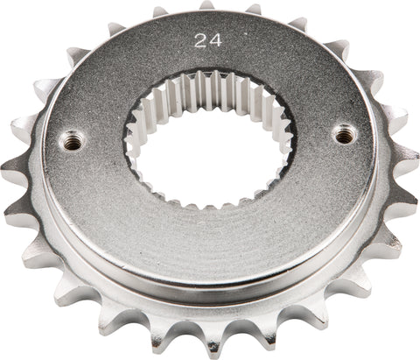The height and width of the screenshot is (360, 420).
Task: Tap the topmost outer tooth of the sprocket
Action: tap(206, 6)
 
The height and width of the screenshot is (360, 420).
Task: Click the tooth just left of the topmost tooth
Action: tap(159, 12)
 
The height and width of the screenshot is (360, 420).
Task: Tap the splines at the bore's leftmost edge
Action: tap(133, 145)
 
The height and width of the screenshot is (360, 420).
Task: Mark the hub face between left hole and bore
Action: tap(101, 142)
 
